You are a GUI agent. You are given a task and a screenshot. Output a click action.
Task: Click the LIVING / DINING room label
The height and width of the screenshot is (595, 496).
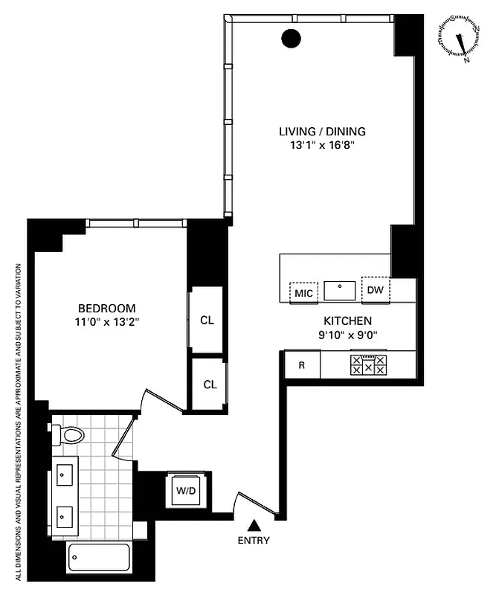[322, 132]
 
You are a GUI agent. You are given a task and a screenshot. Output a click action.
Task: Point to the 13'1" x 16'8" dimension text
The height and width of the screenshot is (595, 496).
[322, 146]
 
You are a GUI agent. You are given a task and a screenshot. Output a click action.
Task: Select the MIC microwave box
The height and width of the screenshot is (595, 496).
[303, 292]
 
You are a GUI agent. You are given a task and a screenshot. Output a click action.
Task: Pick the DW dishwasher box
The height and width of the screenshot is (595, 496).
[376, 289]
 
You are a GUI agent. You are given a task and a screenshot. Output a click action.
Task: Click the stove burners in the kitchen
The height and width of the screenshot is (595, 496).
[370, 364]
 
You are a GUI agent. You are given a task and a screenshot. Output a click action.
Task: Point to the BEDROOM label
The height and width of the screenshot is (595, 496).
[107, 308]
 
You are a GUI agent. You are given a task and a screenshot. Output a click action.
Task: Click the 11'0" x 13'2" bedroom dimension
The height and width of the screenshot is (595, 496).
[107, 322]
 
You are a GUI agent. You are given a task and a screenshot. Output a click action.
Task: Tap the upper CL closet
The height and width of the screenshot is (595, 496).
[207, 320]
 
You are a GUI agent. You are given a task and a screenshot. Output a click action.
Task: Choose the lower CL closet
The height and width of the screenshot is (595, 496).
[210, 384]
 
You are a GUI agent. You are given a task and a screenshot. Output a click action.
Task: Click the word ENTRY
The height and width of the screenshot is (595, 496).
[254, 541]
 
